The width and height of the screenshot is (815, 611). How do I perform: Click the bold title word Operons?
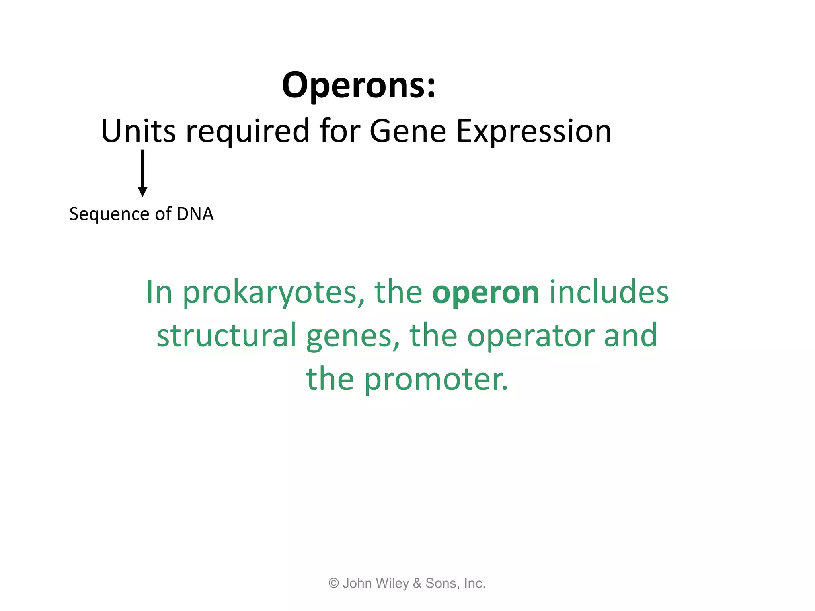359,86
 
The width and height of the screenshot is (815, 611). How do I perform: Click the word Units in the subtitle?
138,131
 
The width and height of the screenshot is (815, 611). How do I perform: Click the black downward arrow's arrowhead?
142,192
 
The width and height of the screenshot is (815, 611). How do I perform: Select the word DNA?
195,214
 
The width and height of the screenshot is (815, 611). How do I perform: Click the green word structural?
226,335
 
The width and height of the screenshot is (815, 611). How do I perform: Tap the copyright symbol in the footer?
333,583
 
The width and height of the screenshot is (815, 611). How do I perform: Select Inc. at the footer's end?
474,583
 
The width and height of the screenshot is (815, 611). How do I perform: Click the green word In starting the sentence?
159,292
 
